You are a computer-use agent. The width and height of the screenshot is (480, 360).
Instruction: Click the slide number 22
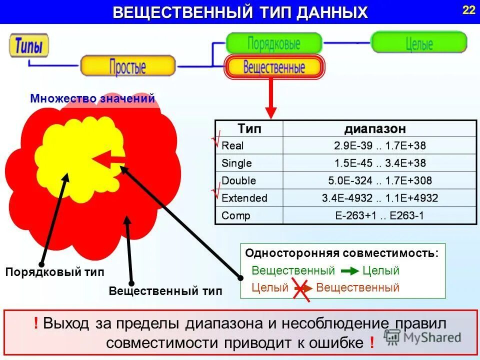(x=468, y=10)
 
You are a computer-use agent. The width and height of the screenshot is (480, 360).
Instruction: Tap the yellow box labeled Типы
(x=29, y=46)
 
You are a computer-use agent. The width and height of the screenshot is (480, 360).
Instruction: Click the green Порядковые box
(x=273, y=43)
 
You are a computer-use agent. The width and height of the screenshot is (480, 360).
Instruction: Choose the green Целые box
(x=418, y=42)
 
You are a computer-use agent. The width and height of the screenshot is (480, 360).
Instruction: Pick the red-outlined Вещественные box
(x=274, y=67)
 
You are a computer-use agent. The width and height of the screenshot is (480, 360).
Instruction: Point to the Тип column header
(x=249, y=129)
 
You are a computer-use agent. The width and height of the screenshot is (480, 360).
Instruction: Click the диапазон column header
(x=375, y=129)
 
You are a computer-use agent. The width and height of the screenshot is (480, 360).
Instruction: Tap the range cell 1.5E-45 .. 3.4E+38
(x=379, y=163)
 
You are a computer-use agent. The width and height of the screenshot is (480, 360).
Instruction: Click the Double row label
(x=238, y=180)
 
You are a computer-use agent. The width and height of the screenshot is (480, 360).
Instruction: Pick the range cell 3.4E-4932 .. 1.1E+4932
(x=379, y=198)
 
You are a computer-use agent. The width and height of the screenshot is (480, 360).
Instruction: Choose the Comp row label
(x=235, y=215)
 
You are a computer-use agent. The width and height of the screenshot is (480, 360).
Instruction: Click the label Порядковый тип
(x=55, y=272)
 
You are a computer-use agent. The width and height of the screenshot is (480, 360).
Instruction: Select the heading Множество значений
(x=92, y=98)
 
